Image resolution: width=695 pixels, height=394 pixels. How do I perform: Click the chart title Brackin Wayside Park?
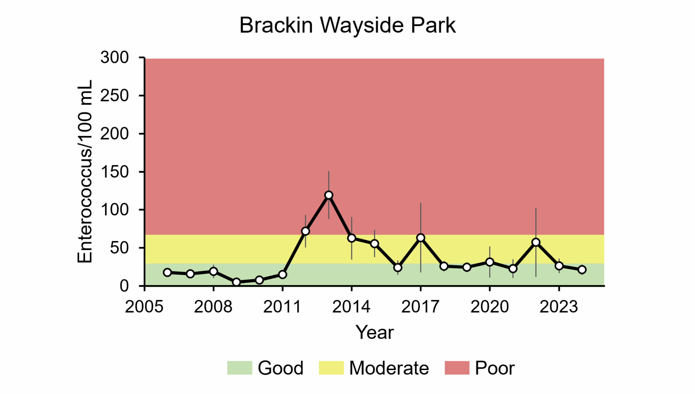(347, 25)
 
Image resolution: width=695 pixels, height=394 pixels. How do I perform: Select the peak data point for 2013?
(328, 195)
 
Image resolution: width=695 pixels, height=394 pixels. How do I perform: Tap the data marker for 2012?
(305, 231)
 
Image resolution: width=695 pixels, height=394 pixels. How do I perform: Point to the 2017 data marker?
(421, 238)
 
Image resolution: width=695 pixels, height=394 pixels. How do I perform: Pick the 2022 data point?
(536, 242)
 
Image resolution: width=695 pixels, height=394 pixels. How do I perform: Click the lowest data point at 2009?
(236, 282)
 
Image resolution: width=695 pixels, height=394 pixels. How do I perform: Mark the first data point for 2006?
(168, 272)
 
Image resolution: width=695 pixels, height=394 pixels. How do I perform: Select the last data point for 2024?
(582, 270)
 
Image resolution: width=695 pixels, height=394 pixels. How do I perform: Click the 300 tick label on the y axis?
(114, 58)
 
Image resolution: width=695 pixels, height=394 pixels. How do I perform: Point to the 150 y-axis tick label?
(114, 172)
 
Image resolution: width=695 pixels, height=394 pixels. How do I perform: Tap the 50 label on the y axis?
(119, 248)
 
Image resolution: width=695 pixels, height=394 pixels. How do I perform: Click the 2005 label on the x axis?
(144, 307)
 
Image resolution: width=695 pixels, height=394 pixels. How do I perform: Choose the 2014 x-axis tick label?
(351, 307)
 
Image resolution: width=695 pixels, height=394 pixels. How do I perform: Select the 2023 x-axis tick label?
(559, 307)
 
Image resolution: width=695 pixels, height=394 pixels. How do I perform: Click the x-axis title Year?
(375, 332)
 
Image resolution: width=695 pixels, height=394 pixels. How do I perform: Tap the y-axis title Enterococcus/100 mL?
(85, 171)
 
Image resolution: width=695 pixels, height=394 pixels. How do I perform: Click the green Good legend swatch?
(240, 368)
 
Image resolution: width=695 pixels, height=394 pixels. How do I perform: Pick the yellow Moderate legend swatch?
(331, 368)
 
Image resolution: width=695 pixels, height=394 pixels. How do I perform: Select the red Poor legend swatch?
(457, 368)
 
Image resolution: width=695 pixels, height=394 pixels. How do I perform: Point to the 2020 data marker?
(490, 262)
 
